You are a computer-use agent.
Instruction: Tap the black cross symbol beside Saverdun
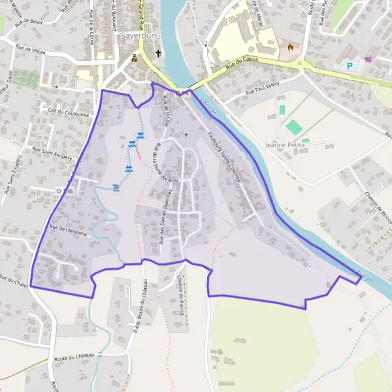pyautogui.click(x=158, y=54)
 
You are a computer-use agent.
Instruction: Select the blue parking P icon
pyautogui.click(x=350, y=65)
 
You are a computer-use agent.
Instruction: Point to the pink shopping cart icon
pyautogui.click(x=369, y=59)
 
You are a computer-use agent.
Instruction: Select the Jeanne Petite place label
pyautogui.click(x=286, y=144)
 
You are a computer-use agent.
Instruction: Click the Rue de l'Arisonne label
pyautogui.click(x=68, y=233)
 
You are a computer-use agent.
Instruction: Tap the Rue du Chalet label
pyautogui.click(x=16, y=279)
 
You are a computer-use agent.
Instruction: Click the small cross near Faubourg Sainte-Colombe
pyautogui.click(x=186, y=135)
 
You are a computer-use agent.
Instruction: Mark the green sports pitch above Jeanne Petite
pyautogui.click(x=294, y=127)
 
